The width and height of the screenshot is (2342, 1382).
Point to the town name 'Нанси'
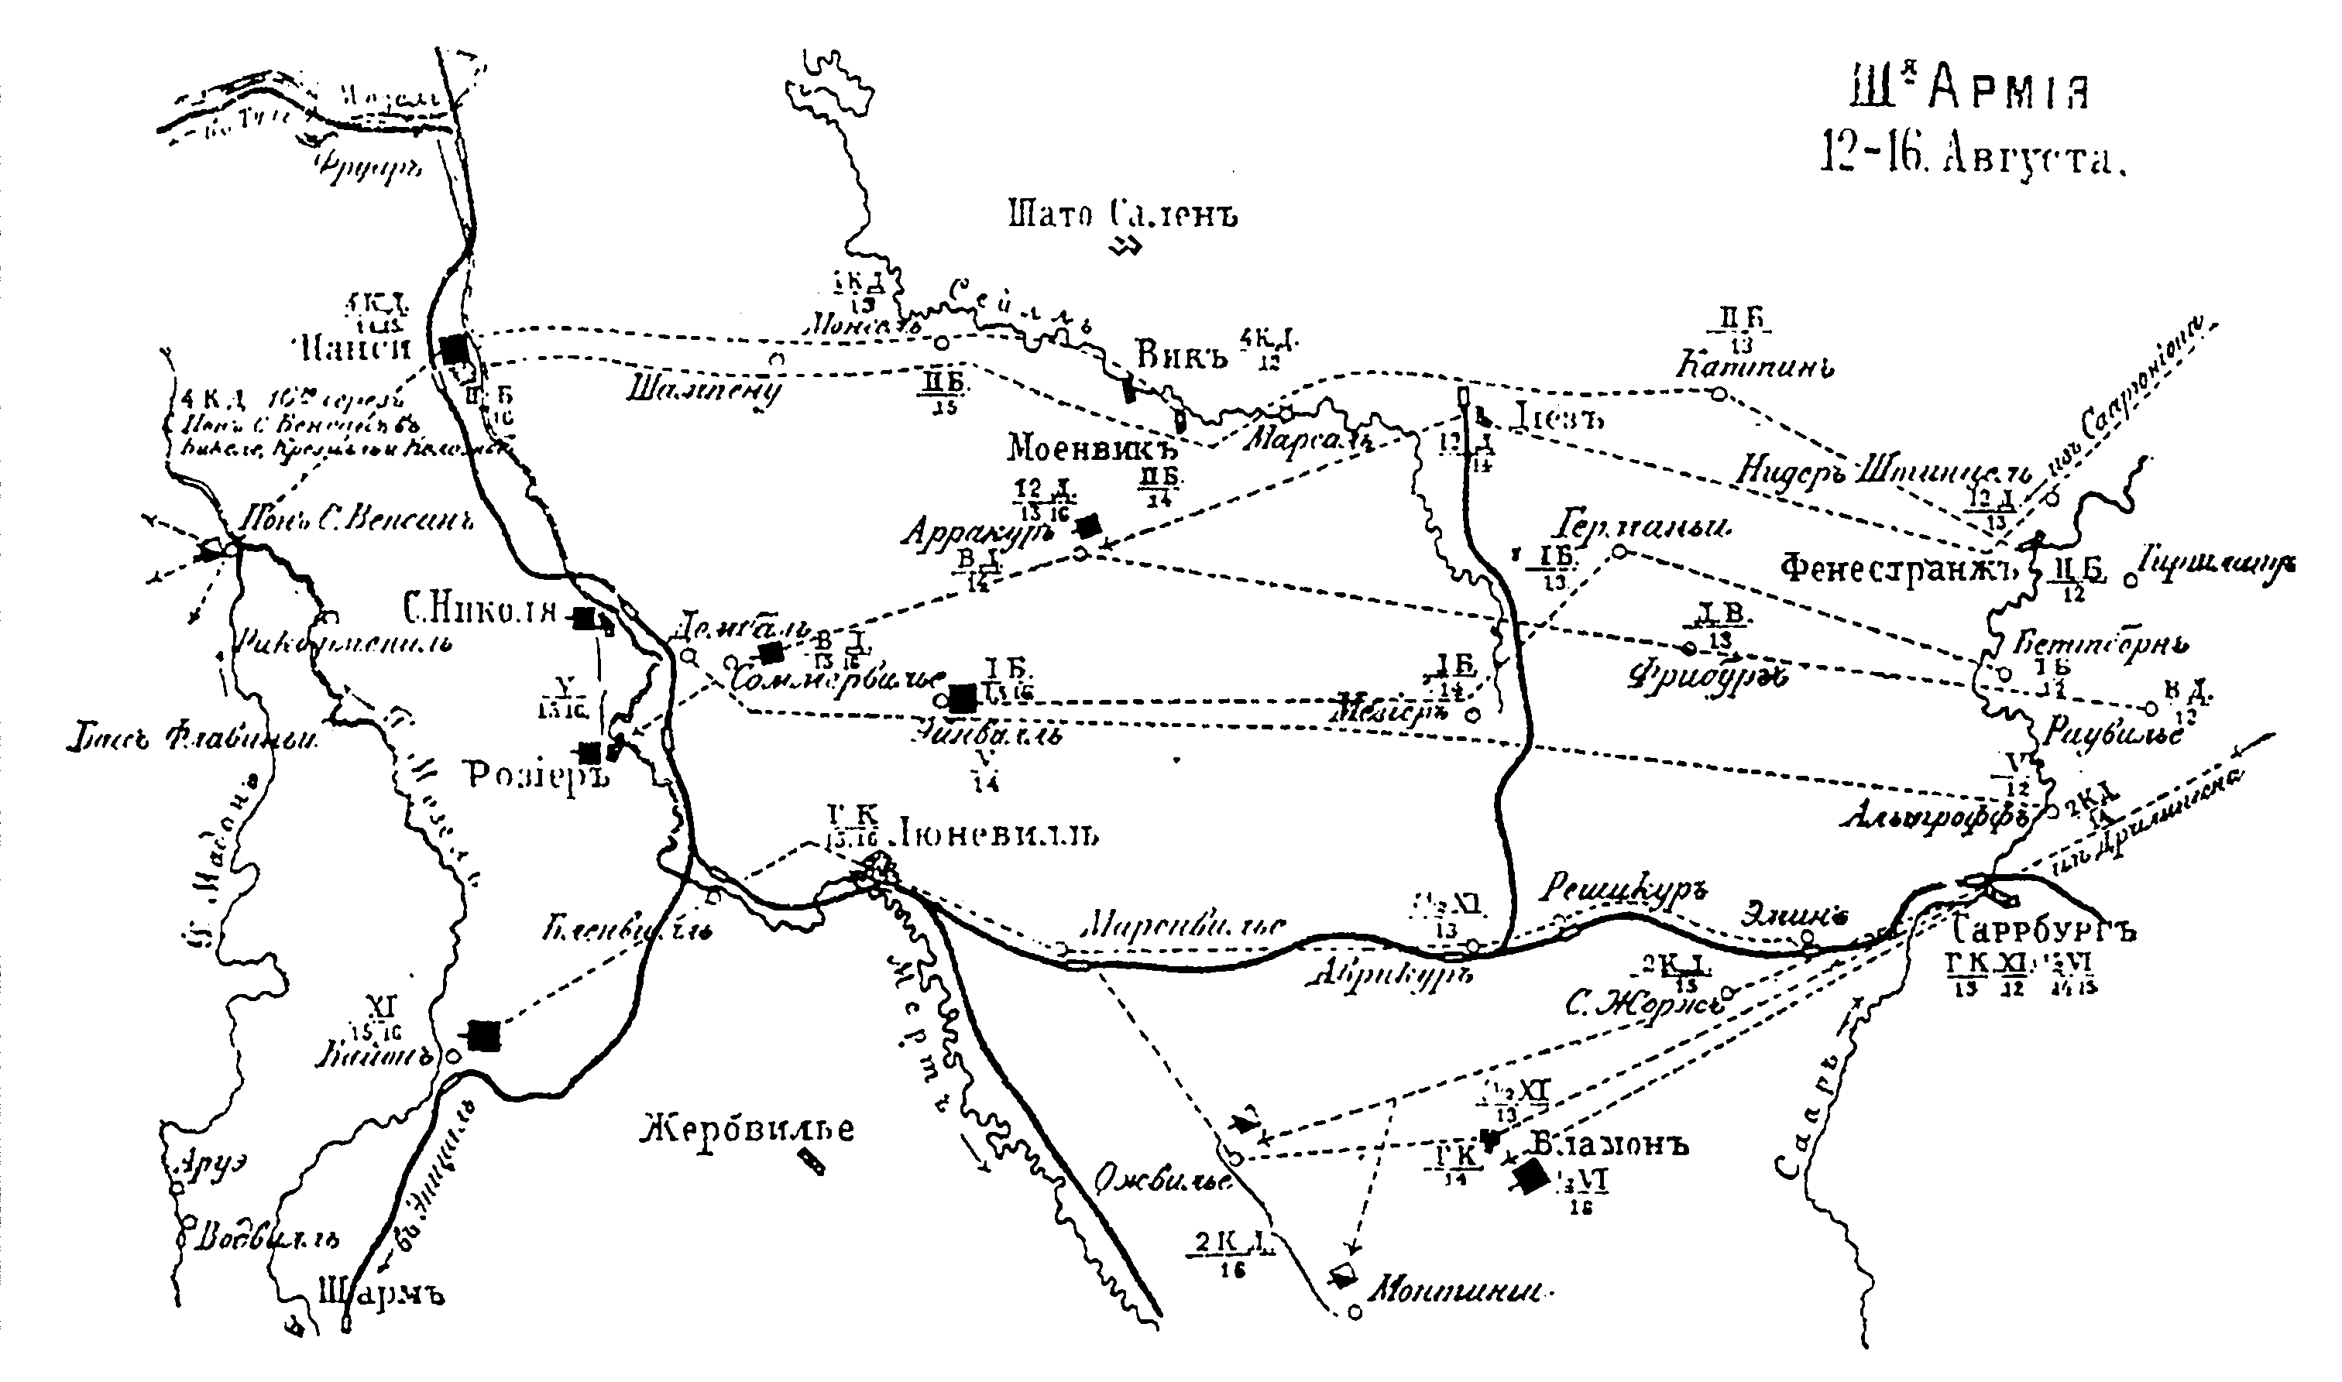(357, 350)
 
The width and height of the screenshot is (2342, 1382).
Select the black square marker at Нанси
(454, 349)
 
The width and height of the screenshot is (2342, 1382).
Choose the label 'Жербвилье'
(748, 1129)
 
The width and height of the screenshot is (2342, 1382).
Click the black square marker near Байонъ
(483, 1036)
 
